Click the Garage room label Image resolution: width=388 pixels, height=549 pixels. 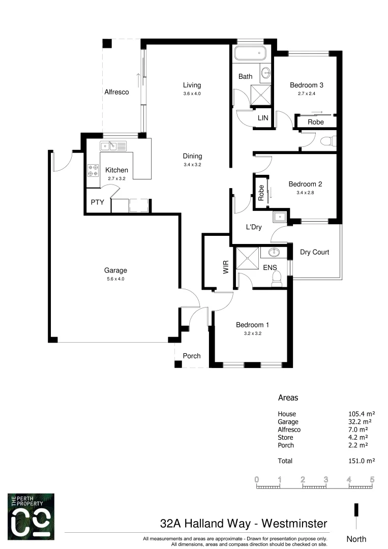coord(115,270)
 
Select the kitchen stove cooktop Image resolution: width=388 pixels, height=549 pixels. coord(93,170)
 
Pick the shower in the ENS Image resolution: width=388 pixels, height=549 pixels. coord(247,259)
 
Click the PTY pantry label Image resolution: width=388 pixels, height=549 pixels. coord(98,202)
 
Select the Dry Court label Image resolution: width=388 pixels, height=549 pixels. coord(314,252)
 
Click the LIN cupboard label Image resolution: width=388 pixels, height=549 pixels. coord(263,117)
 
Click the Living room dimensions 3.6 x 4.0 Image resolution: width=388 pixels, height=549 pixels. coord(192,94)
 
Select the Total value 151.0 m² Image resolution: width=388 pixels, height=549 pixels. coord(358,461)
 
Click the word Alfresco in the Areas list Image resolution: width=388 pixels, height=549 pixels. coord(289,430)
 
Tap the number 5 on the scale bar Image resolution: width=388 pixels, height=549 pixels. coord(372,479)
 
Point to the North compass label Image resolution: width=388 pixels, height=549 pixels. coord(356,539)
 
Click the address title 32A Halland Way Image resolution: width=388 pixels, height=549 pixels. coord(212,523)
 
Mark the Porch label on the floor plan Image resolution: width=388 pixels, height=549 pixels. coord(192,356)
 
